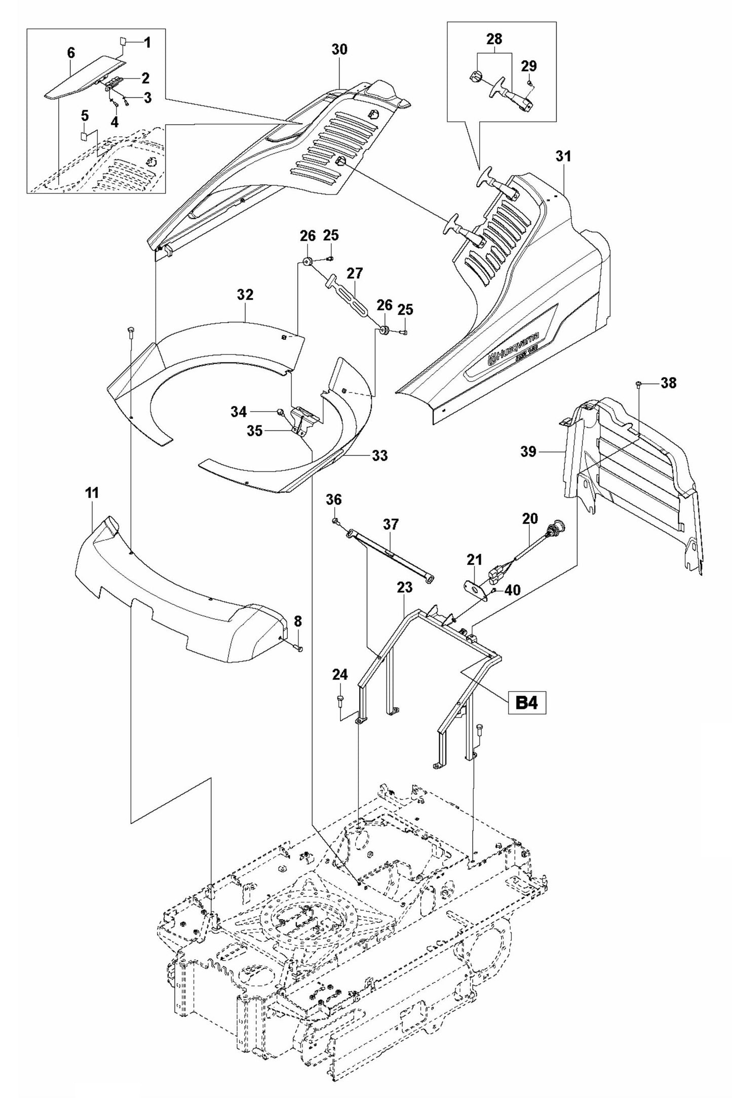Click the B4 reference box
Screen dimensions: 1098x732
tap(526, 704)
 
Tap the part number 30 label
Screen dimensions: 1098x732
tap(339, 50)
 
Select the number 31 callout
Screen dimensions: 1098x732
tap(563, 156)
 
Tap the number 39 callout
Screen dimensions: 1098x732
tap(528, 451)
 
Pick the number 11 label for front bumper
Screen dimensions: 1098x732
tap(92, 493)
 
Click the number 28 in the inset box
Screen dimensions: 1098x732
tap(494, 39)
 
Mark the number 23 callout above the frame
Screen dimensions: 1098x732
tap(405, 587)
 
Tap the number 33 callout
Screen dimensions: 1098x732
tap(380, 455)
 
